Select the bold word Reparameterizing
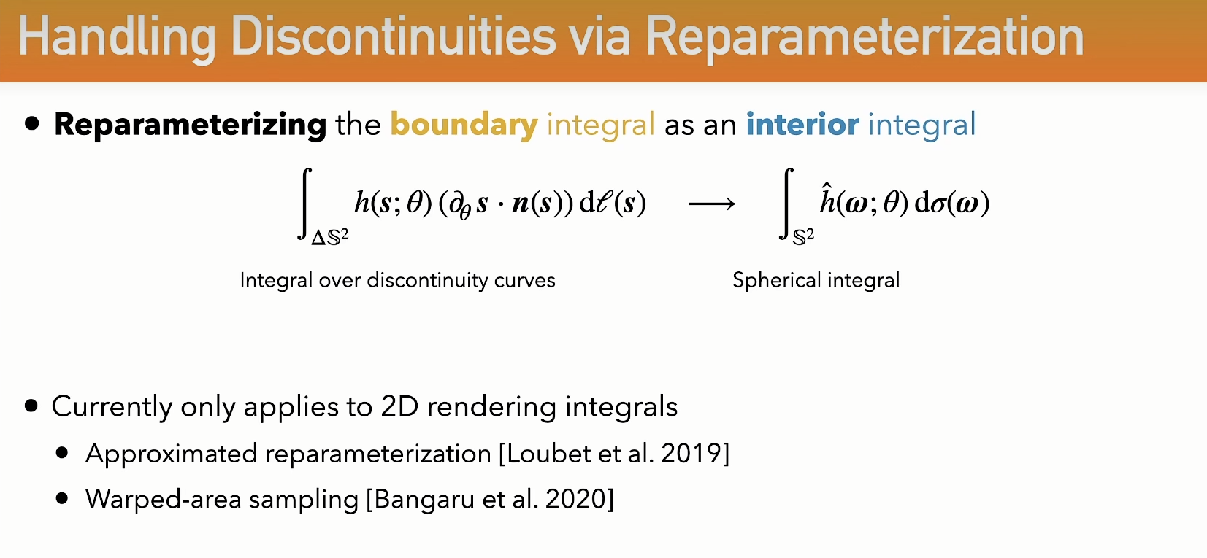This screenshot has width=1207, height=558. coord(190,125)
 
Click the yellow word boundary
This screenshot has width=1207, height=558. coord(464,125)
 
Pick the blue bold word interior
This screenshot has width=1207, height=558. coord(802,124)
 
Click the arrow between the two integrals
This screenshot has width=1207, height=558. coord(712,204)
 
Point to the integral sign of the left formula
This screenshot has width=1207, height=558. coord(305,204)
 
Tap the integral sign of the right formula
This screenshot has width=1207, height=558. coord(786,204)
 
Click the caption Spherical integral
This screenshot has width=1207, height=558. coord(816,280)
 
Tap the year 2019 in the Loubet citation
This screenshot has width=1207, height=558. coord(692,454)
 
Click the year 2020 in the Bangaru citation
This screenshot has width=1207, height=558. coord(576,500)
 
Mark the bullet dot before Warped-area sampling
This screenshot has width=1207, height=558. coord(62,499)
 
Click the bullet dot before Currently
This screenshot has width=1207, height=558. coord(31,405)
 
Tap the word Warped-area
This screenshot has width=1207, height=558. coord(164,500)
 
